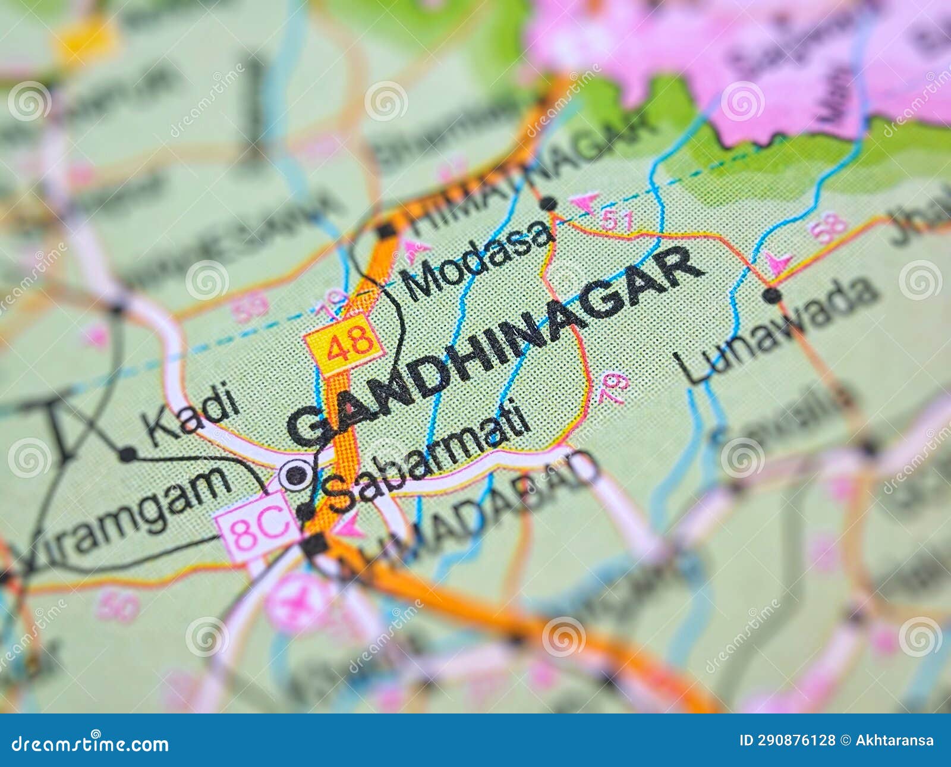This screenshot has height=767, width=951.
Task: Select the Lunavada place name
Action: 779,330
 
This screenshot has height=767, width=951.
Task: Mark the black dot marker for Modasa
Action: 549,204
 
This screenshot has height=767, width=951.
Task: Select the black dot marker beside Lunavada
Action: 772,295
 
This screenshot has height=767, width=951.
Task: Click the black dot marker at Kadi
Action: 127,455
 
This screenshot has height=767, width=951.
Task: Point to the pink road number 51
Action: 616,221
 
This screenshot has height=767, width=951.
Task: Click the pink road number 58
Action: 827,227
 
